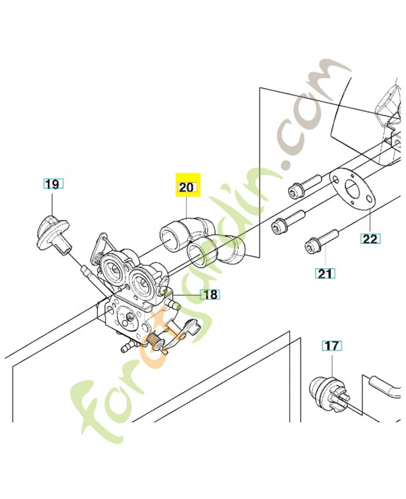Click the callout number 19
click(x=53, y=184)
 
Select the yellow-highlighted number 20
click(x=186, y=187)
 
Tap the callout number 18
click(x=210, y=294)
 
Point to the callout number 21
click(x=324, y=273)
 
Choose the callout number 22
click(x=371, y=239)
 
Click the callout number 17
click(x=333, y=346)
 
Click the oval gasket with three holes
click(x=352, y=190)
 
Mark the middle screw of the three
click(x=288, y=221)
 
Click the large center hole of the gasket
click(x=352, y=188)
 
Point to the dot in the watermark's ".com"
click(x=288, y=165)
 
